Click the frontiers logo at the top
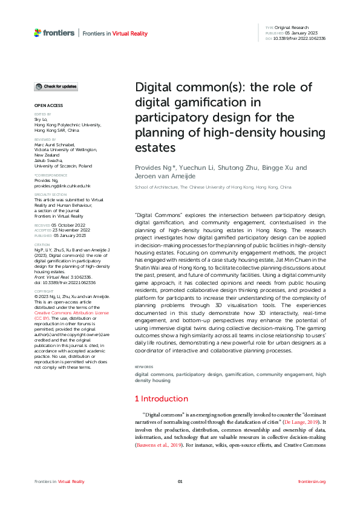click(x=54, y=33)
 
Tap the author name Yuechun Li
click(x=191, y=168)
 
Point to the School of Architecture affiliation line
click(x=212, y=187)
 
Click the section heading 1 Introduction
click(x=161, y=398)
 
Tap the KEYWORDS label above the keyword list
click(x=143, y=367)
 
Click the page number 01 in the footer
click(x=180, y=481)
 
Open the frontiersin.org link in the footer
click(x=312, y=481)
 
